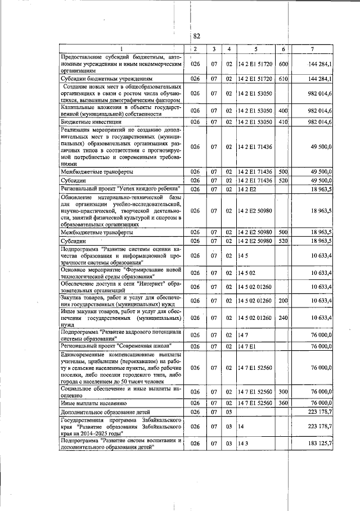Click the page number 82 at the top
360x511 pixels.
click(197, 37)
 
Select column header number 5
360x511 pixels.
click(255, 50)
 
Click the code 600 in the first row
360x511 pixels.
click(283, 65)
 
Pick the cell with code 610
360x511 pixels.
click(283, 79)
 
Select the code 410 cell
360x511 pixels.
click(283, 122)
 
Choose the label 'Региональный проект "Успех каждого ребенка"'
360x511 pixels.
click(121, 189)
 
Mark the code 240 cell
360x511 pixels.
click(283, 318)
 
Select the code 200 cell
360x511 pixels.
click(283, 301)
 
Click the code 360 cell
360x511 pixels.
click(283, 403)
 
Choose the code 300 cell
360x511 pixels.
click(283, 391)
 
